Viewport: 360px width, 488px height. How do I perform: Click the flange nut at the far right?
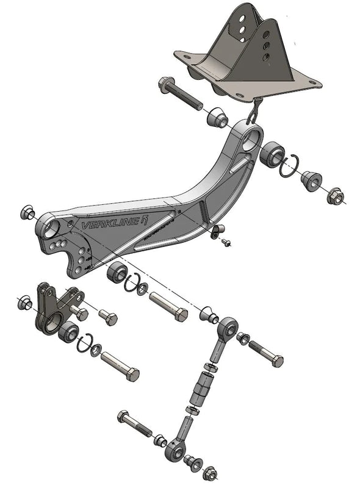335,196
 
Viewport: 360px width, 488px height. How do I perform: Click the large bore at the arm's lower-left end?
51,229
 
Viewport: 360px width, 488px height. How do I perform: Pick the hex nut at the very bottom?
209,472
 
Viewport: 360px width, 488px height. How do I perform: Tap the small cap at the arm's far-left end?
26,212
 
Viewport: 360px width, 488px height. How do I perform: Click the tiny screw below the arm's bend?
226,243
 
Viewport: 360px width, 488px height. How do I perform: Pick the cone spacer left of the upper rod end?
208,315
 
